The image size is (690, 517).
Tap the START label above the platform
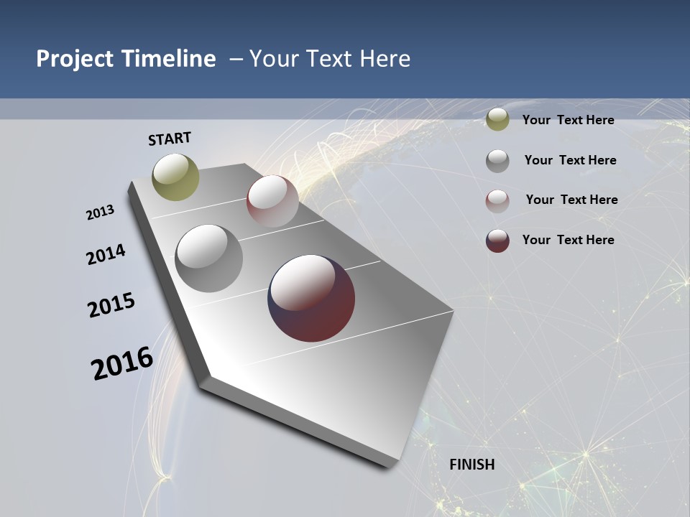coord(170,138)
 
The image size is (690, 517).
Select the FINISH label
coord(472,465)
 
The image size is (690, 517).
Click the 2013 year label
coord(100,213)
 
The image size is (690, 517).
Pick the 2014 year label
coord(106,254)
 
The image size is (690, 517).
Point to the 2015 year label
coord(111,305)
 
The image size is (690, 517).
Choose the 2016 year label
coord(122,363)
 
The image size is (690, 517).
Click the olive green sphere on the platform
coord(175,177)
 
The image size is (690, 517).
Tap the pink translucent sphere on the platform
coord(272,200)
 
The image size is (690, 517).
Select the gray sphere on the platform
coord(209,258)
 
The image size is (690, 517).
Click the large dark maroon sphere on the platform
coord(311,298)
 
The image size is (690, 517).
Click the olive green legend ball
coord(497,120)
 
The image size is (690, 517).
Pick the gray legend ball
coord(497,161)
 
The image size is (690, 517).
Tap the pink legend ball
coord(497,201)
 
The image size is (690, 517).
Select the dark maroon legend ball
coord(497,241)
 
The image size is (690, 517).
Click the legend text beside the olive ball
coord(568,120)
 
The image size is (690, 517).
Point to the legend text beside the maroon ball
coord(568,240)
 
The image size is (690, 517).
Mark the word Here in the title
coord(385,59)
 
